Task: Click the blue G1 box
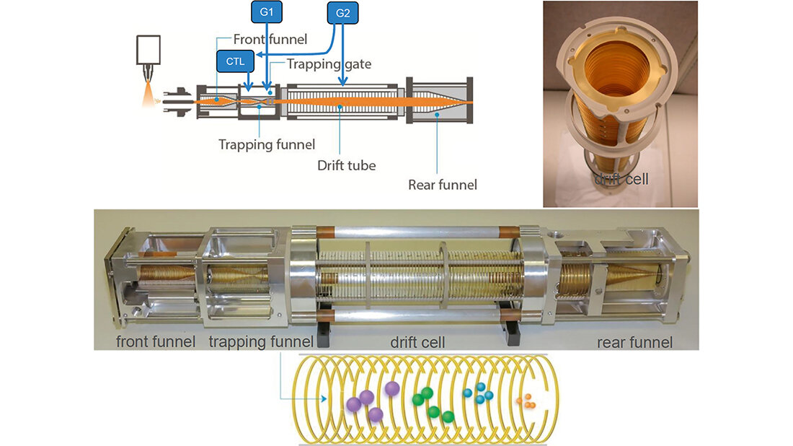pos(266,12)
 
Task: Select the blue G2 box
pos(342,14)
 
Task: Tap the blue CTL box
pos(235,61)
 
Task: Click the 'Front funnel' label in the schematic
pos(270,40)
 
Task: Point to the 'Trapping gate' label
pos(329,64)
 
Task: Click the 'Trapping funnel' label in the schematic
pos(266,144)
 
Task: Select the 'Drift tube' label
pos(346,165)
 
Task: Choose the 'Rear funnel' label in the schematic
pos(442,185)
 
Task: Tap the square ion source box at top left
pos(150,49)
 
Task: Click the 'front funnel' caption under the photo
pos(156,341)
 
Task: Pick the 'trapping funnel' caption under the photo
pos(261,341)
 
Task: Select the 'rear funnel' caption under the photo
pos(634,341)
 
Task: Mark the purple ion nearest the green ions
pos(392,389)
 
